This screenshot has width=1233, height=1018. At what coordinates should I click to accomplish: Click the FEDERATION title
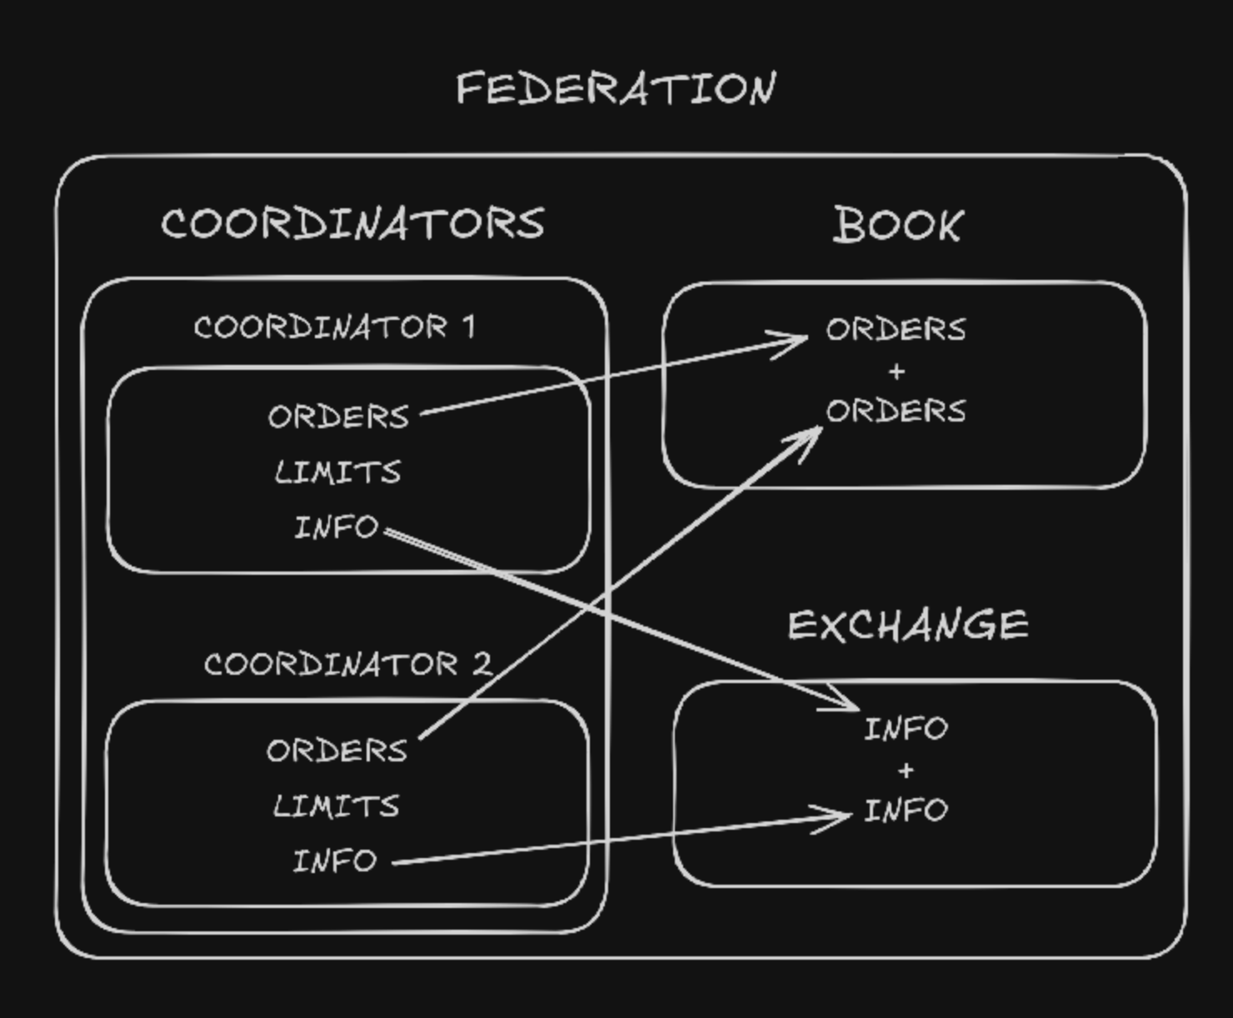616,88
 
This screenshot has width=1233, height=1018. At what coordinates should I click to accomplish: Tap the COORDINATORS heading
352,223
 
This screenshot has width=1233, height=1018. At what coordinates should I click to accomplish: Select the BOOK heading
898,225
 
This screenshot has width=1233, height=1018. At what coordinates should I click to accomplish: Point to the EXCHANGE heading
908,625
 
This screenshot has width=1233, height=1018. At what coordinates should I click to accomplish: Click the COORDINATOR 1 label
335,327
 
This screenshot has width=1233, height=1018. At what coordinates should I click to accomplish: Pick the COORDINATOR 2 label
348,664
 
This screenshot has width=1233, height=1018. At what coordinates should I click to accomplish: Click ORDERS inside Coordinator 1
338,416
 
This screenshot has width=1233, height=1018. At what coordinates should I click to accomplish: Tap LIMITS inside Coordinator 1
338,472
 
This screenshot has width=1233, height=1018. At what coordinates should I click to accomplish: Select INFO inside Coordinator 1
337,526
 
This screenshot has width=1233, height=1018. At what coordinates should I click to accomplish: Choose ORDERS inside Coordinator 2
337,751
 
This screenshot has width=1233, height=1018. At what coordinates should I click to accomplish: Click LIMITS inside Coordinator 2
337,806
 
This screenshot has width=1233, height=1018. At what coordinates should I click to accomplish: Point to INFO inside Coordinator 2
335,861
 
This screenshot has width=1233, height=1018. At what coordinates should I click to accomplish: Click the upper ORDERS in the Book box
896,329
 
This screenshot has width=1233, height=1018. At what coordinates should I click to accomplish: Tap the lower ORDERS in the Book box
896,411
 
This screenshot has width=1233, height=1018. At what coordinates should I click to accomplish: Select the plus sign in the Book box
896,372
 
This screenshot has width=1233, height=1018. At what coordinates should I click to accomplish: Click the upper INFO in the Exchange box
906,729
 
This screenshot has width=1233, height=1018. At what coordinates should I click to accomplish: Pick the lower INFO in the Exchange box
906,810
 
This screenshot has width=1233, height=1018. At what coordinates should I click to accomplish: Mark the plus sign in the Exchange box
906,771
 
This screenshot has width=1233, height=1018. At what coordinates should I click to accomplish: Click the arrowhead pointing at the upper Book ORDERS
796,340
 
